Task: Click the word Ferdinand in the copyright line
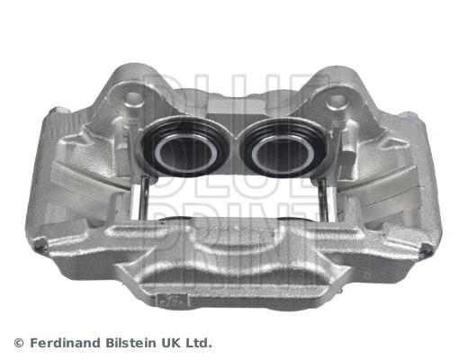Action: (66, 343)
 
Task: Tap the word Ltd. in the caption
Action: (201, 343)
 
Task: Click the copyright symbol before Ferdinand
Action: (18, 343)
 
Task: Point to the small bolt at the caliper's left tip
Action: (44, 254)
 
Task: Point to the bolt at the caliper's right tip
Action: (423, 254)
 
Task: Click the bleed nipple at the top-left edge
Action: (60, 113)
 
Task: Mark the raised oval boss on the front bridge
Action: (236, 237)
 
